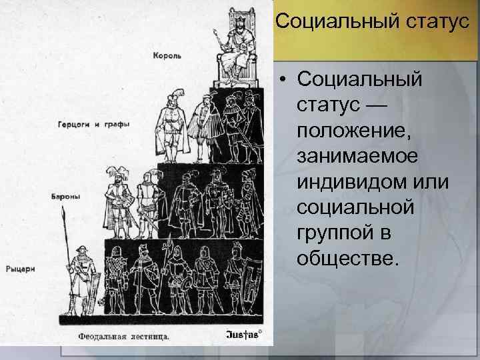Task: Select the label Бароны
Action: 65,197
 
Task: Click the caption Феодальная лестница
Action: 123,335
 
